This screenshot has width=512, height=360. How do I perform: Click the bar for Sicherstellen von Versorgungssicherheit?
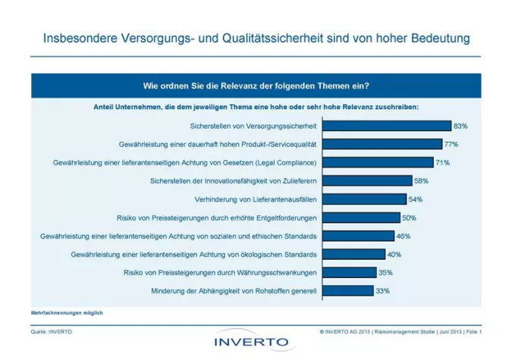coord(386,125)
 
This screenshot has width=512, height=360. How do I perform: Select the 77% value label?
coord(451,143)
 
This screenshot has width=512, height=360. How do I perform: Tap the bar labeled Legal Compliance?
coord(377,162)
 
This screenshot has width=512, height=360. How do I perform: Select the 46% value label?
coord(404,236)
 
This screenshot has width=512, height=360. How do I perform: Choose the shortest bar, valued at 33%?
coord(348,290)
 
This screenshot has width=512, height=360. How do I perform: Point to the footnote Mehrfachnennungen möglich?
coord(67,312)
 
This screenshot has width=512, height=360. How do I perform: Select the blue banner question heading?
coord(256,85)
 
